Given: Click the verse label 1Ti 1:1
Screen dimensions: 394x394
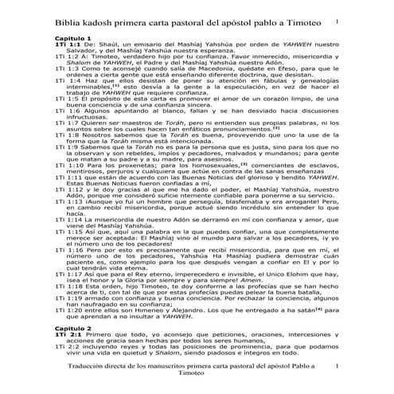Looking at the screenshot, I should point(68,45).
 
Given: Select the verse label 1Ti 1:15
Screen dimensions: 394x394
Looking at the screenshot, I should point(69,252).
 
